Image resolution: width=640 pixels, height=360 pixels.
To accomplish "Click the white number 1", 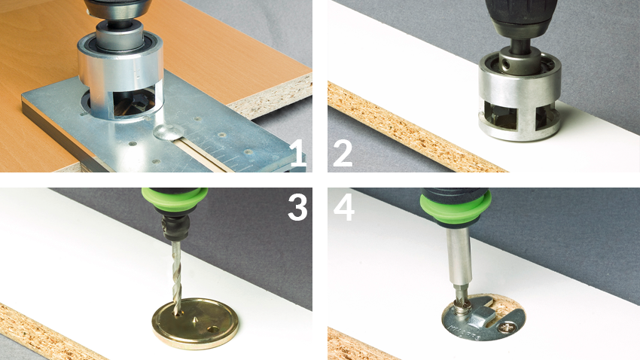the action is tap(299, 154).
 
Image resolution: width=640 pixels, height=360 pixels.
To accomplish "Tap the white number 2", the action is tap(343, 154).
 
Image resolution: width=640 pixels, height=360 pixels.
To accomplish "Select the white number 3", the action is tap(297, 207).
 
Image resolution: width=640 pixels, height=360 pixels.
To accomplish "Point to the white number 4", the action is tap(343, 207).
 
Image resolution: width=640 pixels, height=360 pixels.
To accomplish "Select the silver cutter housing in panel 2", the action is tap(520, 99).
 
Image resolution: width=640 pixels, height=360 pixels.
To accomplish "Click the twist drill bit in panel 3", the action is tap(176, 277).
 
